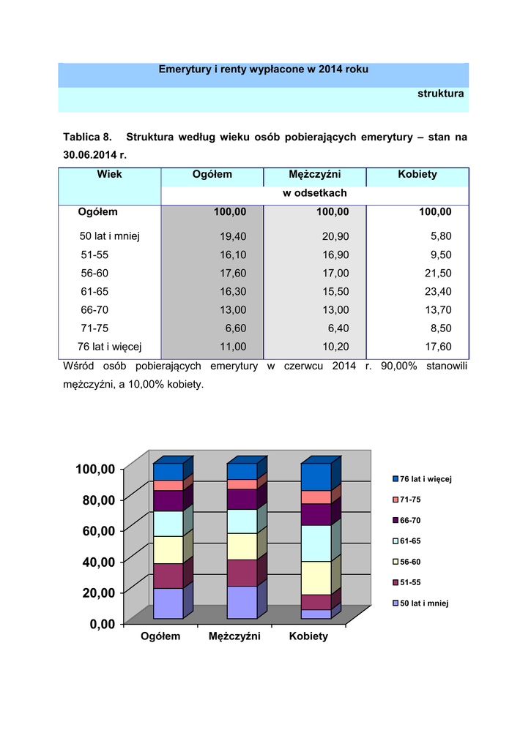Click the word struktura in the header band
pyautogui.click(x=440, y=94)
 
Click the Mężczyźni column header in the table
pyautogui.click(x=315, y=174)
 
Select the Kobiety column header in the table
pyautogui.click(x=417, y=174)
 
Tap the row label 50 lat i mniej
pyautogui.click(x=109, y=236)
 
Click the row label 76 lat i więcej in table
pyautogui.click(x=109, y=347)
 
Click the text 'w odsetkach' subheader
pyautogui.click(x=315, y=193)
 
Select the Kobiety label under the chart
pyautogui.click(x=308, y=636)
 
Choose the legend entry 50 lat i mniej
pyautogui.click(x=423, y=603)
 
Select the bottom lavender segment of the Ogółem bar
pyautogui.click(x=168, y=603)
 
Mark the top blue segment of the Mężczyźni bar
pyautogui.click(x=242, y=471)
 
